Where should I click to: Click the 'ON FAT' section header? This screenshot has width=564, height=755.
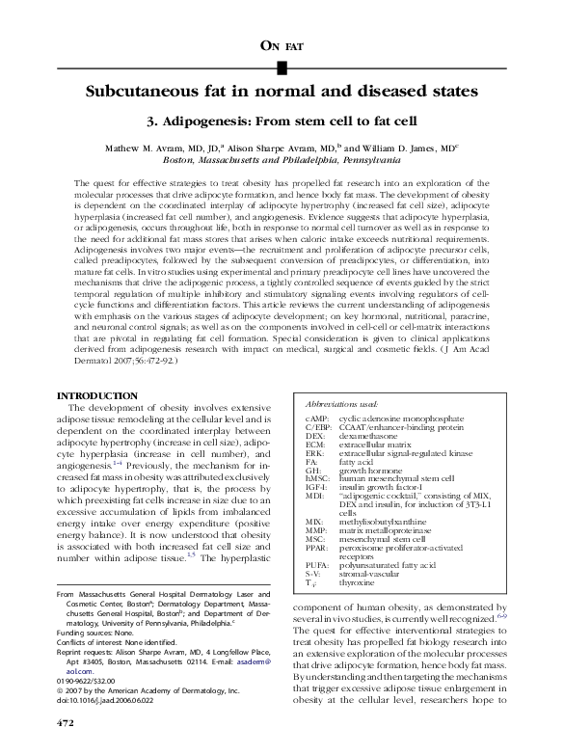pyautogui.click(x=282, y=43)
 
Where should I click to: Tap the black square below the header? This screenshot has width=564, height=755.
pyautogui.click(x=282, y=67)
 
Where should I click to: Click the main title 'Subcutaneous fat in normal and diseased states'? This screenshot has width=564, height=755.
pyautogui.click(x=282, y=94)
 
